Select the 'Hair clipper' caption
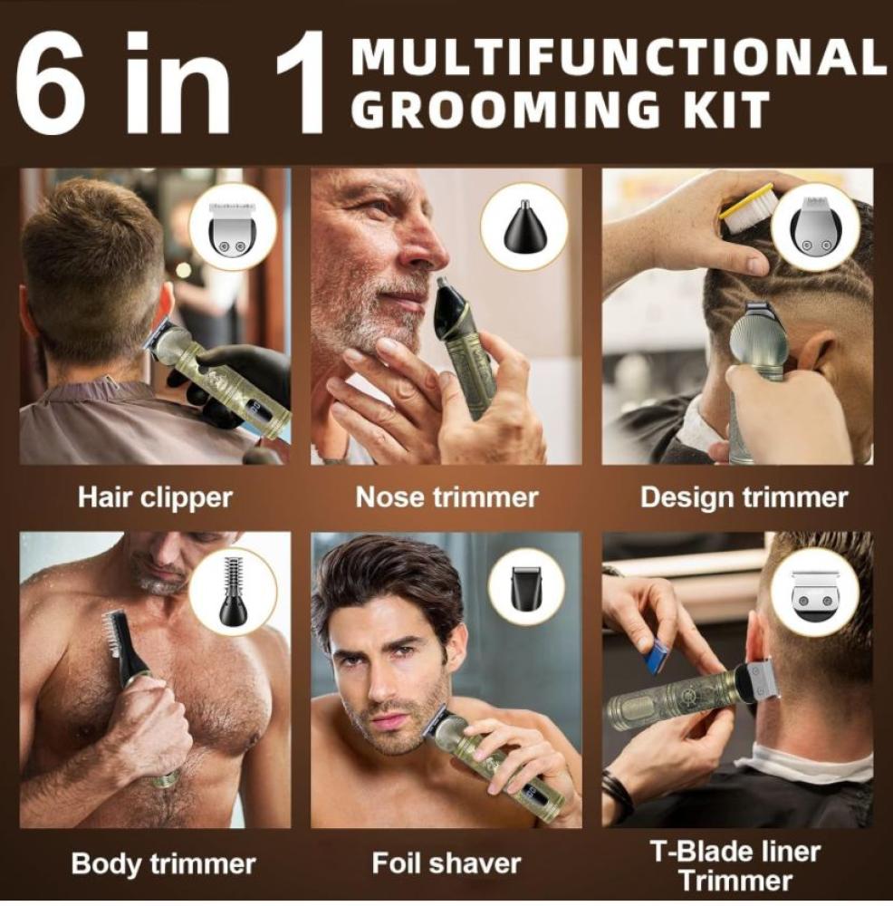pos(155,497)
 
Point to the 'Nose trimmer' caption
pos(446,497)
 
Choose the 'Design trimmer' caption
pos(744,497)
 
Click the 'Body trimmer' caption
pos(163,864)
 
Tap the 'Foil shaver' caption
pos(446,863)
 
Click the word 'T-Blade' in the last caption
pos(696,852)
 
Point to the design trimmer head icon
pos(816,227)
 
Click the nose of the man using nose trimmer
pos(427,247)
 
